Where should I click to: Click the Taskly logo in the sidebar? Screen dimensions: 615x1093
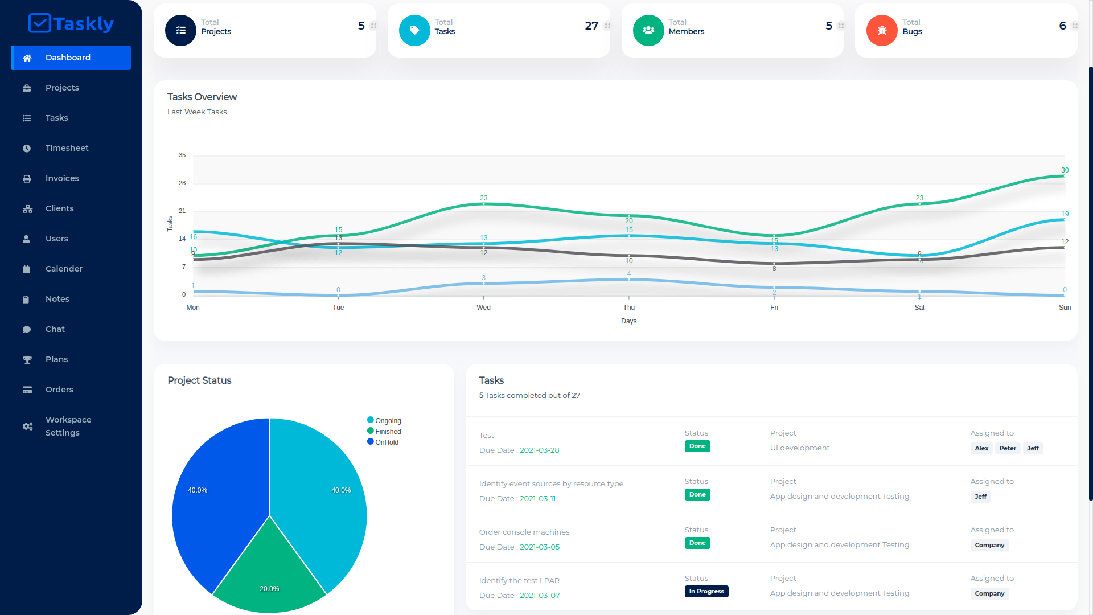pos(71,23)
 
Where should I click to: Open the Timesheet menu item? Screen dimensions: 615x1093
pos(67,148)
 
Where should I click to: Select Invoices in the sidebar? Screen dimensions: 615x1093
pos(62,178)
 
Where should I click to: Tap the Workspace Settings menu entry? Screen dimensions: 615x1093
pos(68,426)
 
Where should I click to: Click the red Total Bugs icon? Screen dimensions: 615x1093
pos(882,30)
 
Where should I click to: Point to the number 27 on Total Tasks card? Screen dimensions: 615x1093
pos(591,26)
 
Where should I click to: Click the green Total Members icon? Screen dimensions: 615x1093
pos(648,30)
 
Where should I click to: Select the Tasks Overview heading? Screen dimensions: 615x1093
pos(202,97)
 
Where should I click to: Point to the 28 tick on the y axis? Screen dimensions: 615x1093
pos(182,183)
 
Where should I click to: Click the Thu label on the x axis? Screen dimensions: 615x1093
pos(628,307)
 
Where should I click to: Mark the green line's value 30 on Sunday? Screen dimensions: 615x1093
pos(1065,170)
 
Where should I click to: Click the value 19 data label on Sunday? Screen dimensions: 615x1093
pos(1065,214)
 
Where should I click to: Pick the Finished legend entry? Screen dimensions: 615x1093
pos(388,432)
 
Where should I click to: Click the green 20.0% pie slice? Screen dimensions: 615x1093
pos(269,575)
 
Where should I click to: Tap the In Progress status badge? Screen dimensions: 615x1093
pos(706,591)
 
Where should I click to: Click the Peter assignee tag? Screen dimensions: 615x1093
pos(1007,448)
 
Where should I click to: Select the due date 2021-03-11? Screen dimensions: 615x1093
pos(537,498)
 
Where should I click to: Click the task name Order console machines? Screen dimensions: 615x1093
pos(524,532)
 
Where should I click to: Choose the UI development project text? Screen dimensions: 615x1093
pos(799,448)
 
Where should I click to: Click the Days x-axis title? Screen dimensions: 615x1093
pos(628,321)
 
